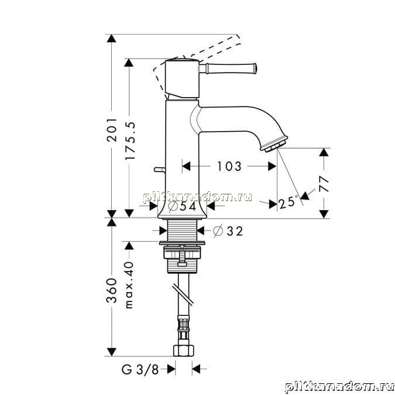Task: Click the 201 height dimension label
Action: pyautogui.click(x=111, y=129)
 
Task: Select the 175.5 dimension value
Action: pyautogui.click(x=130, y=140)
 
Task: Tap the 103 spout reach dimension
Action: pyautogui.click(x=229, y=166)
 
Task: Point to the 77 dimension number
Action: pyautogui.click(x=324, y=184)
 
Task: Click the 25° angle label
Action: pyautogui.click(x=288, y=202)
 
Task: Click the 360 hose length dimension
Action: pyautogui.click(x=111, y=290)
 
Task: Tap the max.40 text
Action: pyautogui.click(x=129, y=285)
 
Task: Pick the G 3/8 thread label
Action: pyautogui.click(x=140, y=370)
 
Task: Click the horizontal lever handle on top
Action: pyautogui.click(x=228, y=68)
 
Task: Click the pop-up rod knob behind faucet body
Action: pyautogui.click(x=160, y=170)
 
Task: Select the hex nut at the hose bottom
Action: pyautogui.click(x=184, y=351)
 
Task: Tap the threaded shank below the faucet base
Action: pyautogui.click(x=182, y=230)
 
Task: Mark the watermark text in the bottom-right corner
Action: pyautogui.click(x=339, y=386)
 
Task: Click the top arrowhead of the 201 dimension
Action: pyautogui.click(x=111, y=38)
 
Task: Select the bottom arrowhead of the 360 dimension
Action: pyautogui.click(x=111, y=352)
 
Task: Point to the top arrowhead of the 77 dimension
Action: pyautogui.click(x=324, y=152)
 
